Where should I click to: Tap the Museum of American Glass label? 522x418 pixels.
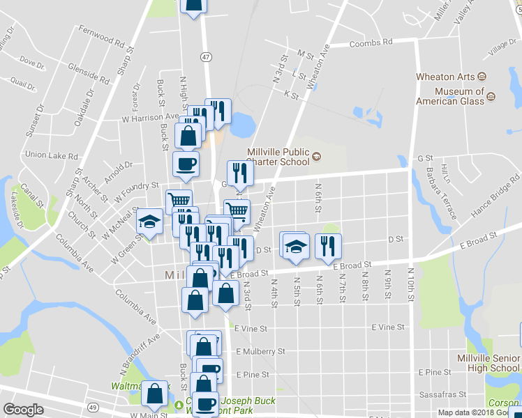coord(459,96)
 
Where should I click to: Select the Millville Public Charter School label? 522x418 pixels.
coord(278,157)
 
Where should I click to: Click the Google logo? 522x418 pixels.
coord(23,410)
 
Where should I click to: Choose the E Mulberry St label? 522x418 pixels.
coord(262,352)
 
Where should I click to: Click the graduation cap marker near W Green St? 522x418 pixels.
coord(149,222)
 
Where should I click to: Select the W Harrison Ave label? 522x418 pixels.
coord(151,118)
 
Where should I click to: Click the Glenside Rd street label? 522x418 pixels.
coord(89,73)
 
